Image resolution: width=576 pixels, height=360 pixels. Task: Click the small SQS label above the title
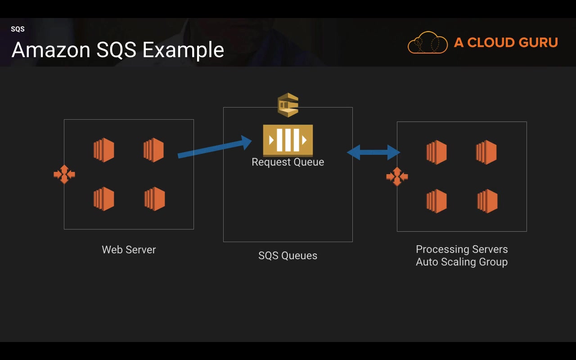pyautogui.click(x=18, y=29)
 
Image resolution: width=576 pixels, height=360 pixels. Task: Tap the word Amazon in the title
pyautogui.click(x=51, y=49)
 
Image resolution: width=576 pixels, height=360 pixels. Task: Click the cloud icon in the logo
pyautogui.click(x=427, y=42)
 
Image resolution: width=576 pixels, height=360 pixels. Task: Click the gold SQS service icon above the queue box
pyautogui.click(x=288, y=105)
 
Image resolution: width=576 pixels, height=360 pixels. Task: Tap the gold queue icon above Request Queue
pyautogui.click(x=288, y=140)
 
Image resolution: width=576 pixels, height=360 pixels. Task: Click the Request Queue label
pyautogui.click(x=288, y=162)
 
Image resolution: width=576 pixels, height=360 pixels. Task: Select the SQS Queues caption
pyautogui.click(x=288, y=256)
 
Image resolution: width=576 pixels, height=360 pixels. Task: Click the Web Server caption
pyautogui.click(x=129, y=250)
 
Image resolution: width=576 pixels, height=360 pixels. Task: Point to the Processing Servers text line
pyautogui.click(x=462, y=249)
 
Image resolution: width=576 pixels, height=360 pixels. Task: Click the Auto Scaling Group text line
pyautogui.click(x=462, y=262)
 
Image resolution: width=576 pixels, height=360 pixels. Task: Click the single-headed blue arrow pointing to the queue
pyautogui.click(x=215, y=147)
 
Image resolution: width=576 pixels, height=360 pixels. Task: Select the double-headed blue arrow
pyautogui.click(x=373, y=153)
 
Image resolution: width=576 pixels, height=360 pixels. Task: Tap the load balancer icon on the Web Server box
pyautogui.click(x=64, y=174)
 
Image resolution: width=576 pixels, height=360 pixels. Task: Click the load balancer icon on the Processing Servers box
pyautogui.click(x=397, y=176)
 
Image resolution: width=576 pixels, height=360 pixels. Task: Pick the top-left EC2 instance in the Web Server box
pyautogui.click(x=103, y=150)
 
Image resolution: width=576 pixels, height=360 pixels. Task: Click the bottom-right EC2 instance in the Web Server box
pyautogui.click(x=154, y=199)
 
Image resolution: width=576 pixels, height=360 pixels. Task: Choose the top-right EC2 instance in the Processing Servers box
pyautogui.click(x=486, y=152)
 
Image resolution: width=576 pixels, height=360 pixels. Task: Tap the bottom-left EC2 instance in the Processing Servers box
pyautogui.click(x=436, y=201)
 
